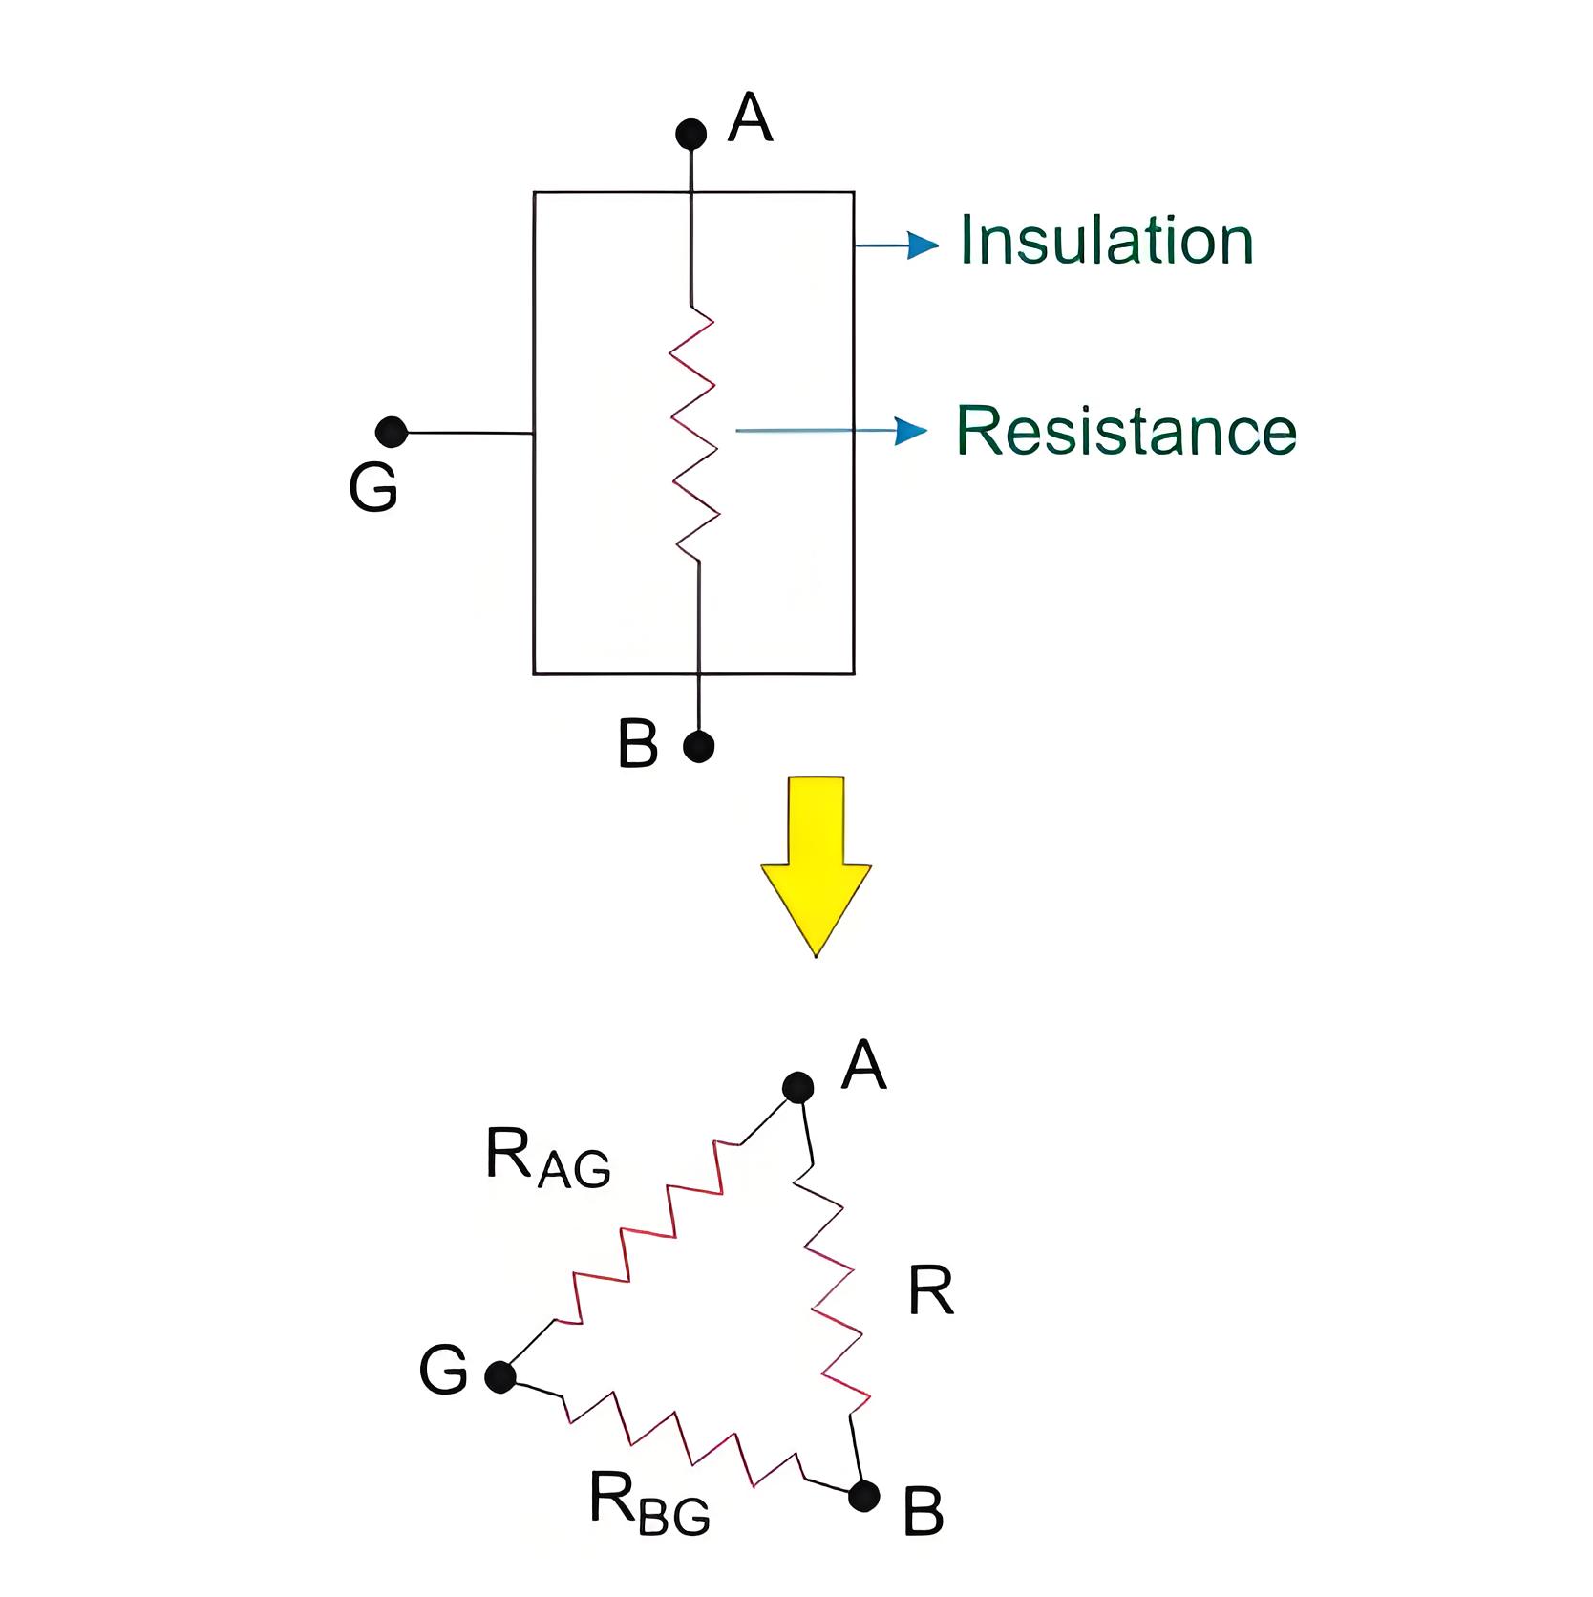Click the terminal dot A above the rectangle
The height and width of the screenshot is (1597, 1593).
[x=690, y=134]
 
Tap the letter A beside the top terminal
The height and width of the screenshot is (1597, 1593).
[x=750, y=117]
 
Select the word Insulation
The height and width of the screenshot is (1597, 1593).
[x=1106, y=240]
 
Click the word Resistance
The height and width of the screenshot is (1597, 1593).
[x=1127, y=431]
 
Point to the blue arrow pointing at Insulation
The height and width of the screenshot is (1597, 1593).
[x=896, y=246]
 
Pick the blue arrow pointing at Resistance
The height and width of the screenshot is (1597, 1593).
[x=831, y=431]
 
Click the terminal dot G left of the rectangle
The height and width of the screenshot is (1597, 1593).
[x=392, y=432]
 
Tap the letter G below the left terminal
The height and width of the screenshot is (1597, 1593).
[x=373, y=488]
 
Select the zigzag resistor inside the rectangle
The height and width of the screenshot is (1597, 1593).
[x=694, y=433]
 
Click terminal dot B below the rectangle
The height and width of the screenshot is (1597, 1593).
[x=699, y=746]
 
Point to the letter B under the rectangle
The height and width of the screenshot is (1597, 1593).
[x=638, y=744]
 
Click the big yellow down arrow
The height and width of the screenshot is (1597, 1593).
[x=816, y=866]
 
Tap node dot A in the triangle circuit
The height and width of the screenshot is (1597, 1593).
[x=797, y=1087]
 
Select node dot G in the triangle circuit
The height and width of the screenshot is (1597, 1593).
[x=500, y=1377]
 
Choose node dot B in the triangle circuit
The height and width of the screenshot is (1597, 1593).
[x=864, y=1496]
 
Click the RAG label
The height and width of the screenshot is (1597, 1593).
[x=548, y=1157]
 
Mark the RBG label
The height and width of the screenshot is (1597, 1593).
[x=649, y=1502]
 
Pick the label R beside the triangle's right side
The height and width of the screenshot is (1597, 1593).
[x=931, y=1291]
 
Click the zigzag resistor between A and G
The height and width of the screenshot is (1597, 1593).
[x=648, y=1232]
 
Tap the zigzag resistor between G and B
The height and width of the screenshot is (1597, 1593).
[x=682, y=1437]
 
